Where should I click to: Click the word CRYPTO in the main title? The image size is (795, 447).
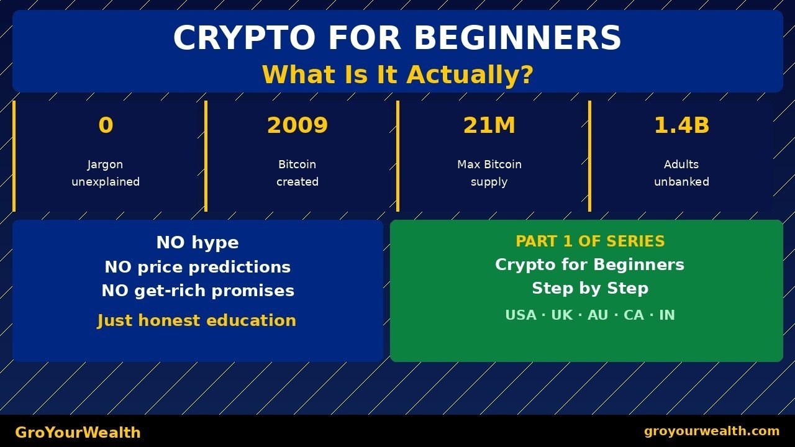(x=244, y=38)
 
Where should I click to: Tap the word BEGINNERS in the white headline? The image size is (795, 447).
(x=517, y=38)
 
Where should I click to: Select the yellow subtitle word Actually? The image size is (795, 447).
(x=470, y=74)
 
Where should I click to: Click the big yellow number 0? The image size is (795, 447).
(x=106, y=125)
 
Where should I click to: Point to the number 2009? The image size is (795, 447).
(x=298, y=125)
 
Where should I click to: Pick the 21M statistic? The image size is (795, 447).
(x=489, y=125)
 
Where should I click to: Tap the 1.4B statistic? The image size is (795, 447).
(x=681, y=125)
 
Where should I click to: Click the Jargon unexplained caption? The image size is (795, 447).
(x=106, y=173)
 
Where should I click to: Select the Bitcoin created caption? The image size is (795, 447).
(x=298, y=173)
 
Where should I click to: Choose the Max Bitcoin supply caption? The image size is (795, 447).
(x=489, y=173)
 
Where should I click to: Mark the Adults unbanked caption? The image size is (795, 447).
(x=681, y=173)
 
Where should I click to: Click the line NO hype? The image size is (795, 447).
(x=198, y=243)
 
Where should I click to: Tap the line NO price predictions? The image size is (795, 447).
(x=198, y=267)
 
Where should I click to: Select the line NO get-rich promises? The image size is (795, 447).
(x=198, y=291)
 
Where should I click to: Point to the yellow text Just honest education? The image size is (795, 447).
(x=197, y=320)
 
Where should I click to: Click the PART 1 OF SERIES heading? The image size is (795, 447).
(x=590, y=242)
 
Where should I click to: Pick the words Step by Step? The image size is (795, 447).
(x=590, y=288)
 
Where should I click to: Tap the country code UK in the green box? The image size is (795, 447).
(x=562, y=315)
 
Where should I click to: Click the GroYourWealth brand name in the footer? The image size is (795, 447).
(x=78, y=433)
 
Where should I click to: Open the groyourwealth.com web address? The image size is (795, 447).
(x=712, y=431)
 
